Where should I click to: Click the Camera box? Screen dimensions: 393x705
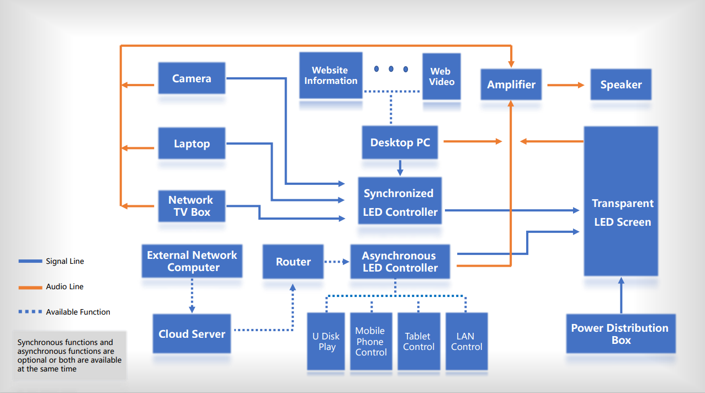[x=192, y=78]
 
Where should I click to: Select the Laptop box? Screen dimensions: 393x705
[x=192, y=144]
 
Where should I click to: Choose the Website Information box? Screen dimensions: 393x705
[x=331, y=76]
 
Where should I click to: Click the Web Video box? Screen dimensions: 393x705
[x=441, y=76]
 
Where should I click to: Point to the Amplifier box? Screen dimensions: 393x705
[x=511, y=84]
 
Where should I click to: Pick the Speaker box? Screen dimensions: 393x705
[x=621, y=84]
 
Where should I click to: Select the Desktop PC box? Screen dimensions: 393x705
[x=400, y=142]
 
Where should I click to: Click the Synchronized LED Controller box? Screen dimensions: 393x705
[x=400, y=201]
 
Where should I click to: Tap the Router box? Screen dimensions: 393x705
[x=293, y=262]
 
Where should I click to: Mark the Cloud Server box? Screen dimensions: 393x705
[x=192, y=333]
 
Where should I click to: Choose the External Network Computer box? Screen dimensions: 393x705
[x=192, y=261]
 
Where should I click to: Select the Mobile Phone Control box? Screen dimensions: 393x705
[x=370, y=341]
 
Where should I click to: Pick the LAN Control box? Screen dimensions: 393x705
[x=467, y=341]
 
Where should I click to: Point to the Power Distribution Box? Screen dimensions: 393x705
[x=621, y=333]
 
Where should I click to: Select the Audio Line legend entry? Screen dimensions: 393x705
[x=65, y=286]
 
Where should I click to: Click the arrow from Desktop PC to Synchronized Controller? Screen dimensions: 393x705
[x=400, y=167]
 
